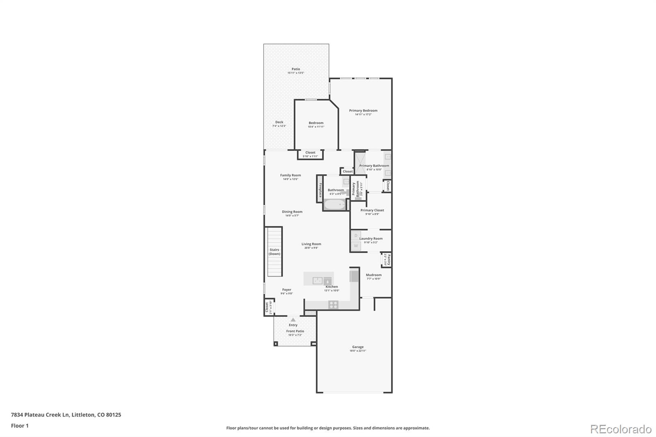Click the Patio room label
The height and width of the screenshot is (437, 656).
(296, 69)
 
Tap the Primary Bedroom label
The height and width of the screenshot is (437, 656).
(363, 111)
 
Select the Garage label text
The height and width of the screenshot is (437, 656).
(358, 347)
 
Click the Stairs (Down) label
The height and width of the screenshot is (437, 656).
(274, 252)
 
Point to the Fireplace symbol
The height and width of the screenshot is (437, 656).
(320, 189)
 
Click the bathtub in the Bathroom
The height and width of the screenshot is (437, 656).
(335, 204)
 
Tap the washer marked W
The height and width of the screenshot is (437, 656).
(356, 246)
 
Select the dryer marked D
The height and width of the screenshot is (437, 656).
(356, 236)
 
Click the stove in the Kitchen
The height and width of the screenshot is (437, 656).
(333, 305)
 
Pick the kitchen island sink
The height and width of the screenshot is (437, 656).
(317, 280)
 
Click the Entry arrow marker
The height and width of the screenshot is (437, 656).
(293, 320)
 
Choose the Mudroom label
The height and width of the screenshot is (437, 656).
(374, 275)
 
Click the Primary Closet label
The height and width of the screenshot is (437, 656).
(372, 210)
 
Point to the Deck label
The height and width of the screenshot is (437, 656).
(279, 122)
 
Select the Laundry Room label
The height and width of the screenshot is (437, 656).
(371, 239)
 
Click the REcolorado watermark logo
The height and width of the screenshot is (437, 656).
(620, 429)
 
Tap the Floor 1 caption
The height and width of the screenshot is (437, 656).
(20, 426)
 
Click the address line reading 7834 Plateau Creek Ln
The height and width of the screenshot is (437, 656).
(66, 414)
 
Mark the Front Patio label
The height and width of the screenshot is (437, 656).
(295, 331)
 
